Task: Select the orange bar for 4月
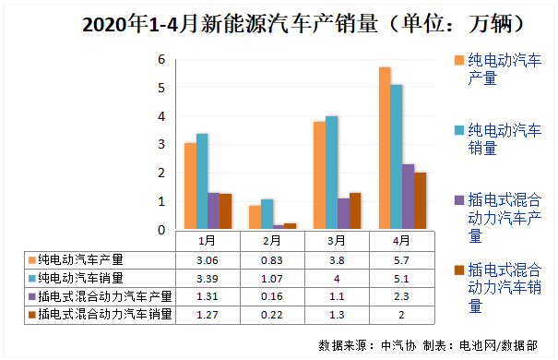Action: click(x=384, y=148)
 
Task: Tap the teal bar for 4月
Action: click(x=396, y=157)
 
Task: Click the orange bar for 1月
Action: click(x=190, y=186)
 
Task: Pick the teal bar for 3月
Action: click(x=331, y=172)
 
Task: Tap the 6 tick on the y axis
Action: click(x=161, y=60)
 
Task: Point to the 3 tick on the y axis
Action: click(x=161, y=145)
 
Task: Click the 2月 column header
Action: click(x=272, y=240)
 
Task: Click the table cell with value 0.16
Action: click(x=272, y=296)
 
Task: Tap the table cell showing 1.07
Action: click(x=272, y=278)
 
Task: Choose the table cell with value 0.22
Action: click(x=272, y=315)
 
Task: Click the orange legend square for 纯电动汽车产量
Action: click(x=458, y=61)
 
